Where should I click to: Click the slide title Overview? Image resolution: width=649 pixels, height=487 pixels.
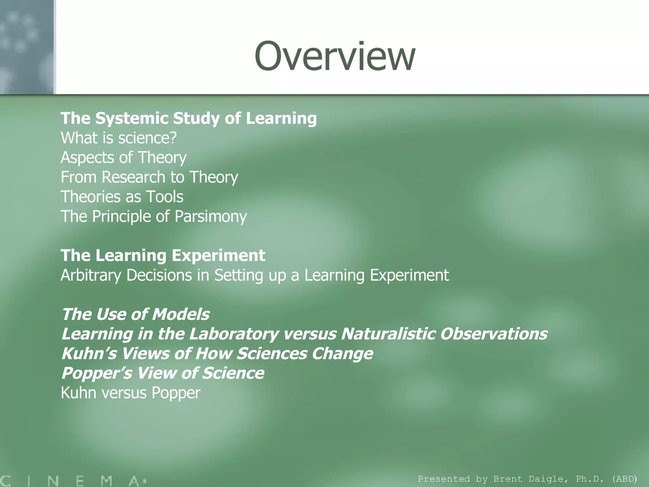[335, 56]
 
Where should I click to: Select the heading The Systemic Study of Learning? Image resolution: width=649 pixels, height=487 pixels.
[189, 118]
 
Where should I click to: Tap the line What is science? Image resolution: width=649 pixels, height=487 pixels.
[119, 138]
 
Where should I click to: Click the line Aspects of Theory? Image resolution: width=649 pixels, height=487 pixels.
[123, 158]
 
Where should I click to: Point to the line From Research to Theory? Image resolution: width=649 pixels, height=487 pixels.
[149, 177]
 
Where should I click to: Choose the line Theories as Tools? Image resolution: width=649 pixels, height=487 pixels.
[122, 197]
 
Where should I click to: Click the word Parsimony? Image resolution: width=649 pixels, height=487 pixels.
[210, 217]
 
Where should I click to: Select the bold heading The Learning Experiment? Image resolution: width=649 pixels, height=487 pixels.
[163, 256]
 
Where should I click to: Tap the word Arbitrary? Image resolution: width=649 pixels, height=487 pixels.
[91, 275]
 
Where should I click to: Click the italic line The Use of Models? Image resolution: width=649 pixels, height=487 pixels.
[136, 314]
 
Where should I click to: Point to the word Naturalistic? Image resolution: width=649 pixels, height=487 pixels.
[388, 334]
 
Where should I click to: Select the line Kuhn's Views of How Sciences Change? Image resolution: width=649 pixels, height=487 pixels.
[217, 354]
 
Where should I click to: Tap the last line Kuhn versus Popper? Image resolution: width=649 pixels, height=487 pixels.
[130, 393]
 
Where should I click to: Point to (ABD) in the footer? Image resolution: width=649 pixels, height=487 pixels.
[624, 479]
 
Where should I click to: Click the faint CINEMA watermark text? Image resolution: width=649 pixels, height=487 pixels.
[73, 481]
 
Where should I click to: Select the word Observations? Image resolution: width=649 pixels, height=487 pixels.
[494, 334]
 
